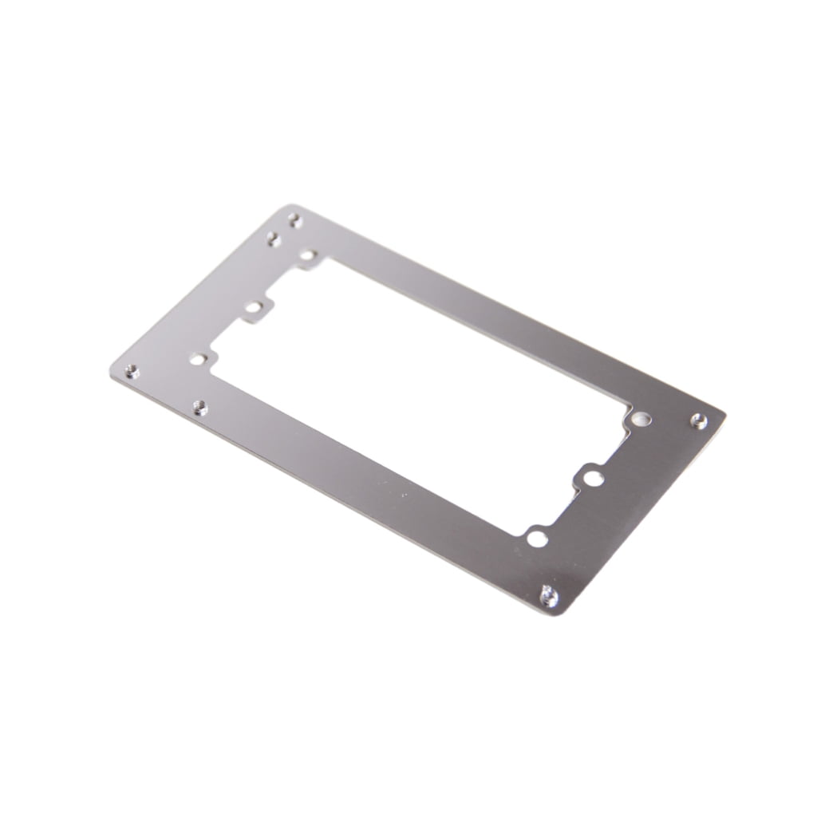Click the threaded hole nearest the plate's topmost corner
tap(294, 219)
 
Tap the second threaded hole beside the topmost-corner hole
tap(274, 238)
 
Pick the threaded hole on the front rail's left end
tap(200, 408)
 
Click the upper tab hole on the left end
tap(308, 256)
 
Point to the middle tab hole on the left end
tap(254, 307)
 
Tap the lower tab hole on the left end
tap(197, 359)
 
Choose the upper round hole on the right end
tap(639, 418)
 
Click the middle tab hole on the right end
tap(592, 477)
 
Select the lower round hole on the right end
tap(538, 539)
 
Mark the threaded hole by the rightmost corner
tap(699, 420)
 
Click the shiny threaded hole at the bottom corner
tap(549, 594)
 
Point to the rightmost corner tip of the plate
tap(724, 412)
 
